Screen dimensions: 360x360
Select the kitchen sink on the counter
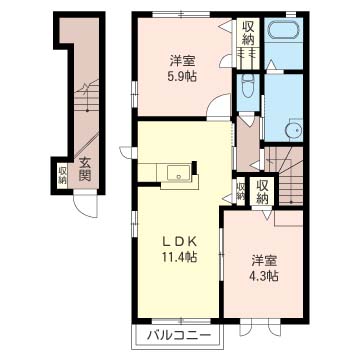pos(179,172)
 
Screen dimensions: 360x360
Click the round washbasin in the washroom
pos(294,130)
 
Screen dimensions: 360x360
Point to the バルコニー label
pos(180,335)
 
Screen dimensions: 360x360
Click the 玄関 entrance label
pos(85,169)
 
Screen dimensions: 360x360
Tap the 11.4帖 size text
pos(179,256)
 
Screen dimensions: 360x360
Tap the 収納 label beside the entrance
pos(62,175)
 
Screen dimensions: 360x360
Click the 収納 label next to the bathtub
pos(248,33)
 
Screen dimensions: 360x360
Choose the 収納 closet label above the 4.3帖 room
pos(263,192)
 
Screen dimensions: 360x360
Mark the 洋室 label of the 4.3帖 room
pos(264,261)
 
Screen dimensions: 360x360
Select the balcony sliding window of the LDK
pos(181,321)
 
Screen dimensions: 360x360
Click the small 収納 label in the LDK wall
pos(240,191)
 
